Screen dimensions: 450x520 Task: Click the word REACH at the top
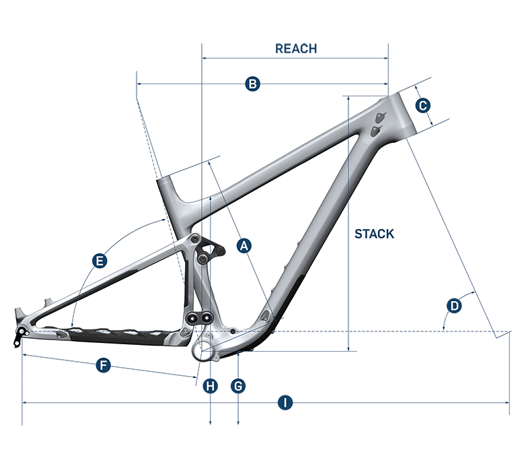296,49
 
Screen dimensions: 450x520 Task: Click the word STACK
374,234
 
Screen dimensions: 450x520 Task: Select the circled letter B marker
252,84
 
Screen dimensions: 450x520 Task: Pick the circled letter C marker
422,106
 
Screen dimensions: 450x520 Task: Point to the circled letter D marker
455,305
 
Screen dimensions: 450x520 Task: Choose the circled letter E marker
99,261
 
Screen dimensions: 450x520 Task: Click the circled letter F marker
103,365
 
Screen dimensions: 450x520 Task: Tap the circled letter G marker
238,385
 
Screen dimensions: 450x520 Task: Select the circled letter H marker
211,385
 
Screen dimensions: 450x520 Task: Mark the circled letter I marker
286,403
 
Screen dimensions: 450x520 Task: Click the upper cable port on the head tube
382,114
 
